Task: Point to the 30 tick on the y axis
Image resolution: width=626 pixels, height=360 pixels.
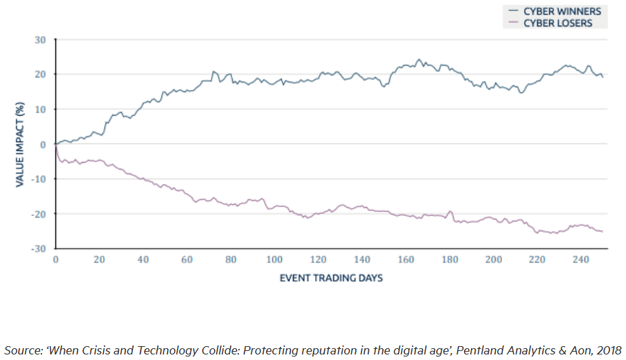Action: click(x=41, y=39)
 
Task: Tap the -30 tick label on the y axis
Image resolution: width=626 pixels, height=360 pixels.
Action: click(x=39, y=248)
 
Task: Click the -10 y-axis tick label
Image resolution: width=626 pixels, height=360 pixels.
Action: click(x=39, y=179)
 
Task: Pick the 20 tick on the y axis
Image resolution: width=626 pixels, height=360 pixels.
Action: click(x=41, y=74)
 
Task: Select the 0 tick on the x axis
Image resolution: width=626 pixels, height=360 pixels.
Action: click(x=55, y=260)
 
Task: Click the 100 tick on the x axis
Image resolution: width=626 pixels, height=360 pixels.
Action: click(x=275, y=260)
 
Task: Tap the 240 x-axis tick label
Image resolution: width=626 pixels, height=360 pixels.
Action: click(x=582, y=260)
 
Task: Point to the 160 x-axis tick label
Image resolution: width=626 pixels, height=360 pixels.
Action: click(x=406, y=260)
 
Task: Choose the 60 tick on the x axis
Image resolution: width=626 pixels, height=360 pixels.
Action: click(x=187, y=260)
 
